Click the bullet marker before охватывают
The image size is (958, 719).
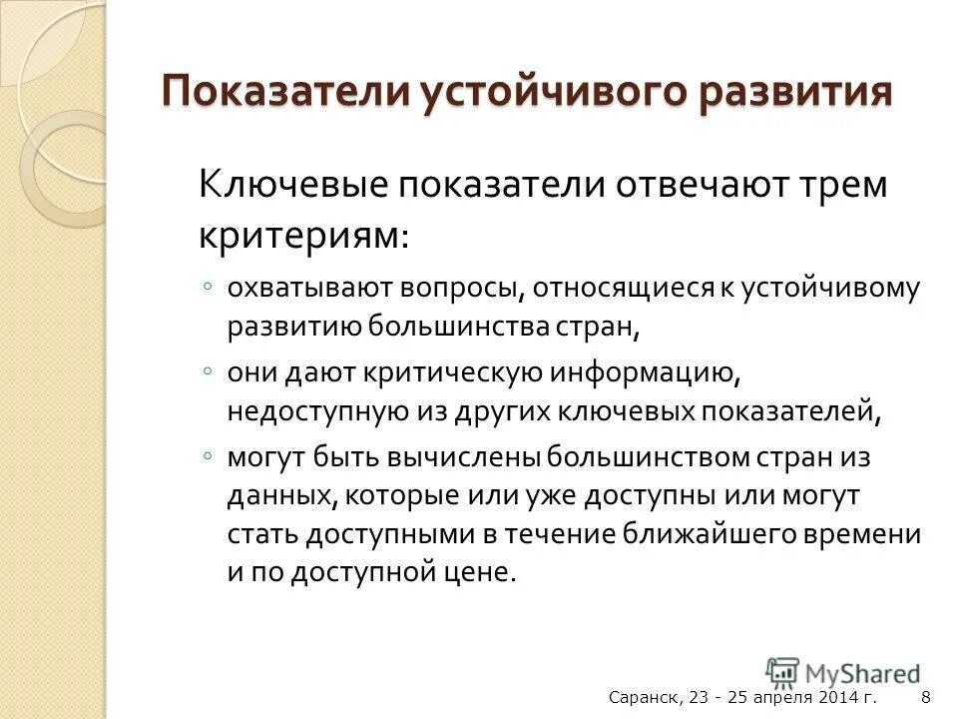206,288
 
